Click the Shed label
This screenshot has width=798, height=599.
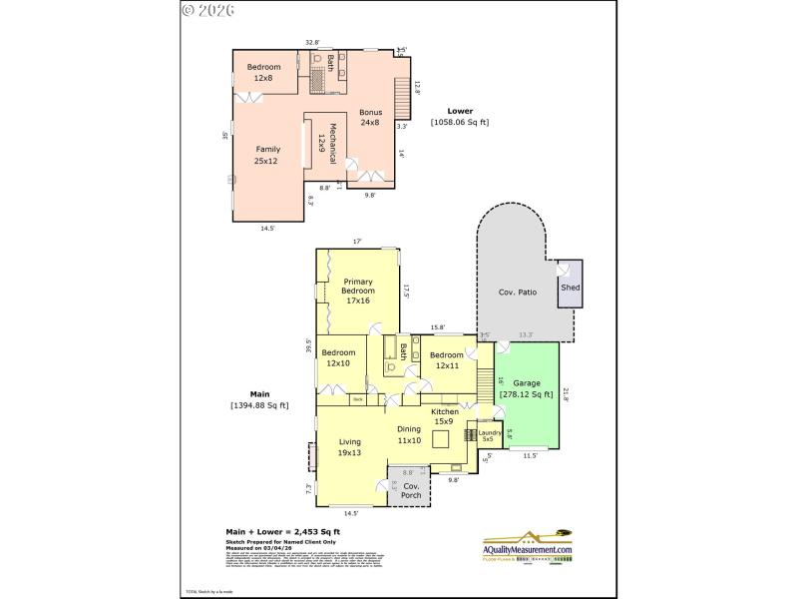tap(570, 288)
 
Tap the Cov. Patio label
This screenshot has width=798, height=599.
tap(518, 293)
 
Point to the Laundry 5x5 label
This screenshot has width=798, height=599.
tap(489, 434)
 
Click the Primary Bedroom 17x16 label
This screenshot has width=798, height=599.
tap(358, 291)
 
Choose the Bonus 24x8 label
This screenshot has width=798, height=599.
tap(370, 118)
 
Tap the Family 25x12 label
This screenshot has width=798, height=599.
tap(266, 155)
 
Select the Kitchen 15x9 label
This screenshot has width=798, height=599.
tap(444, 416)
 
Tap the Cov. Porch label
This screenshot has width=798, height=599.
tap(411, 490)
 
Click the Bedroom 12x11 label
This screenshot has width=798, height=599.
tap(446, 360)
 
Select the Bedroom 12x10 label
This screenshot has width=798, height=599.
tap(338, 357)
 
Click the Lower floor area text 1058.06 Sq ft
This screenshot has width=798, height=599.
tap(460, 117)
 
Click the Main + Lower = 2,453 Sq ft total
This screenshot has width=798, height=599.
tap(282, 532)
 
